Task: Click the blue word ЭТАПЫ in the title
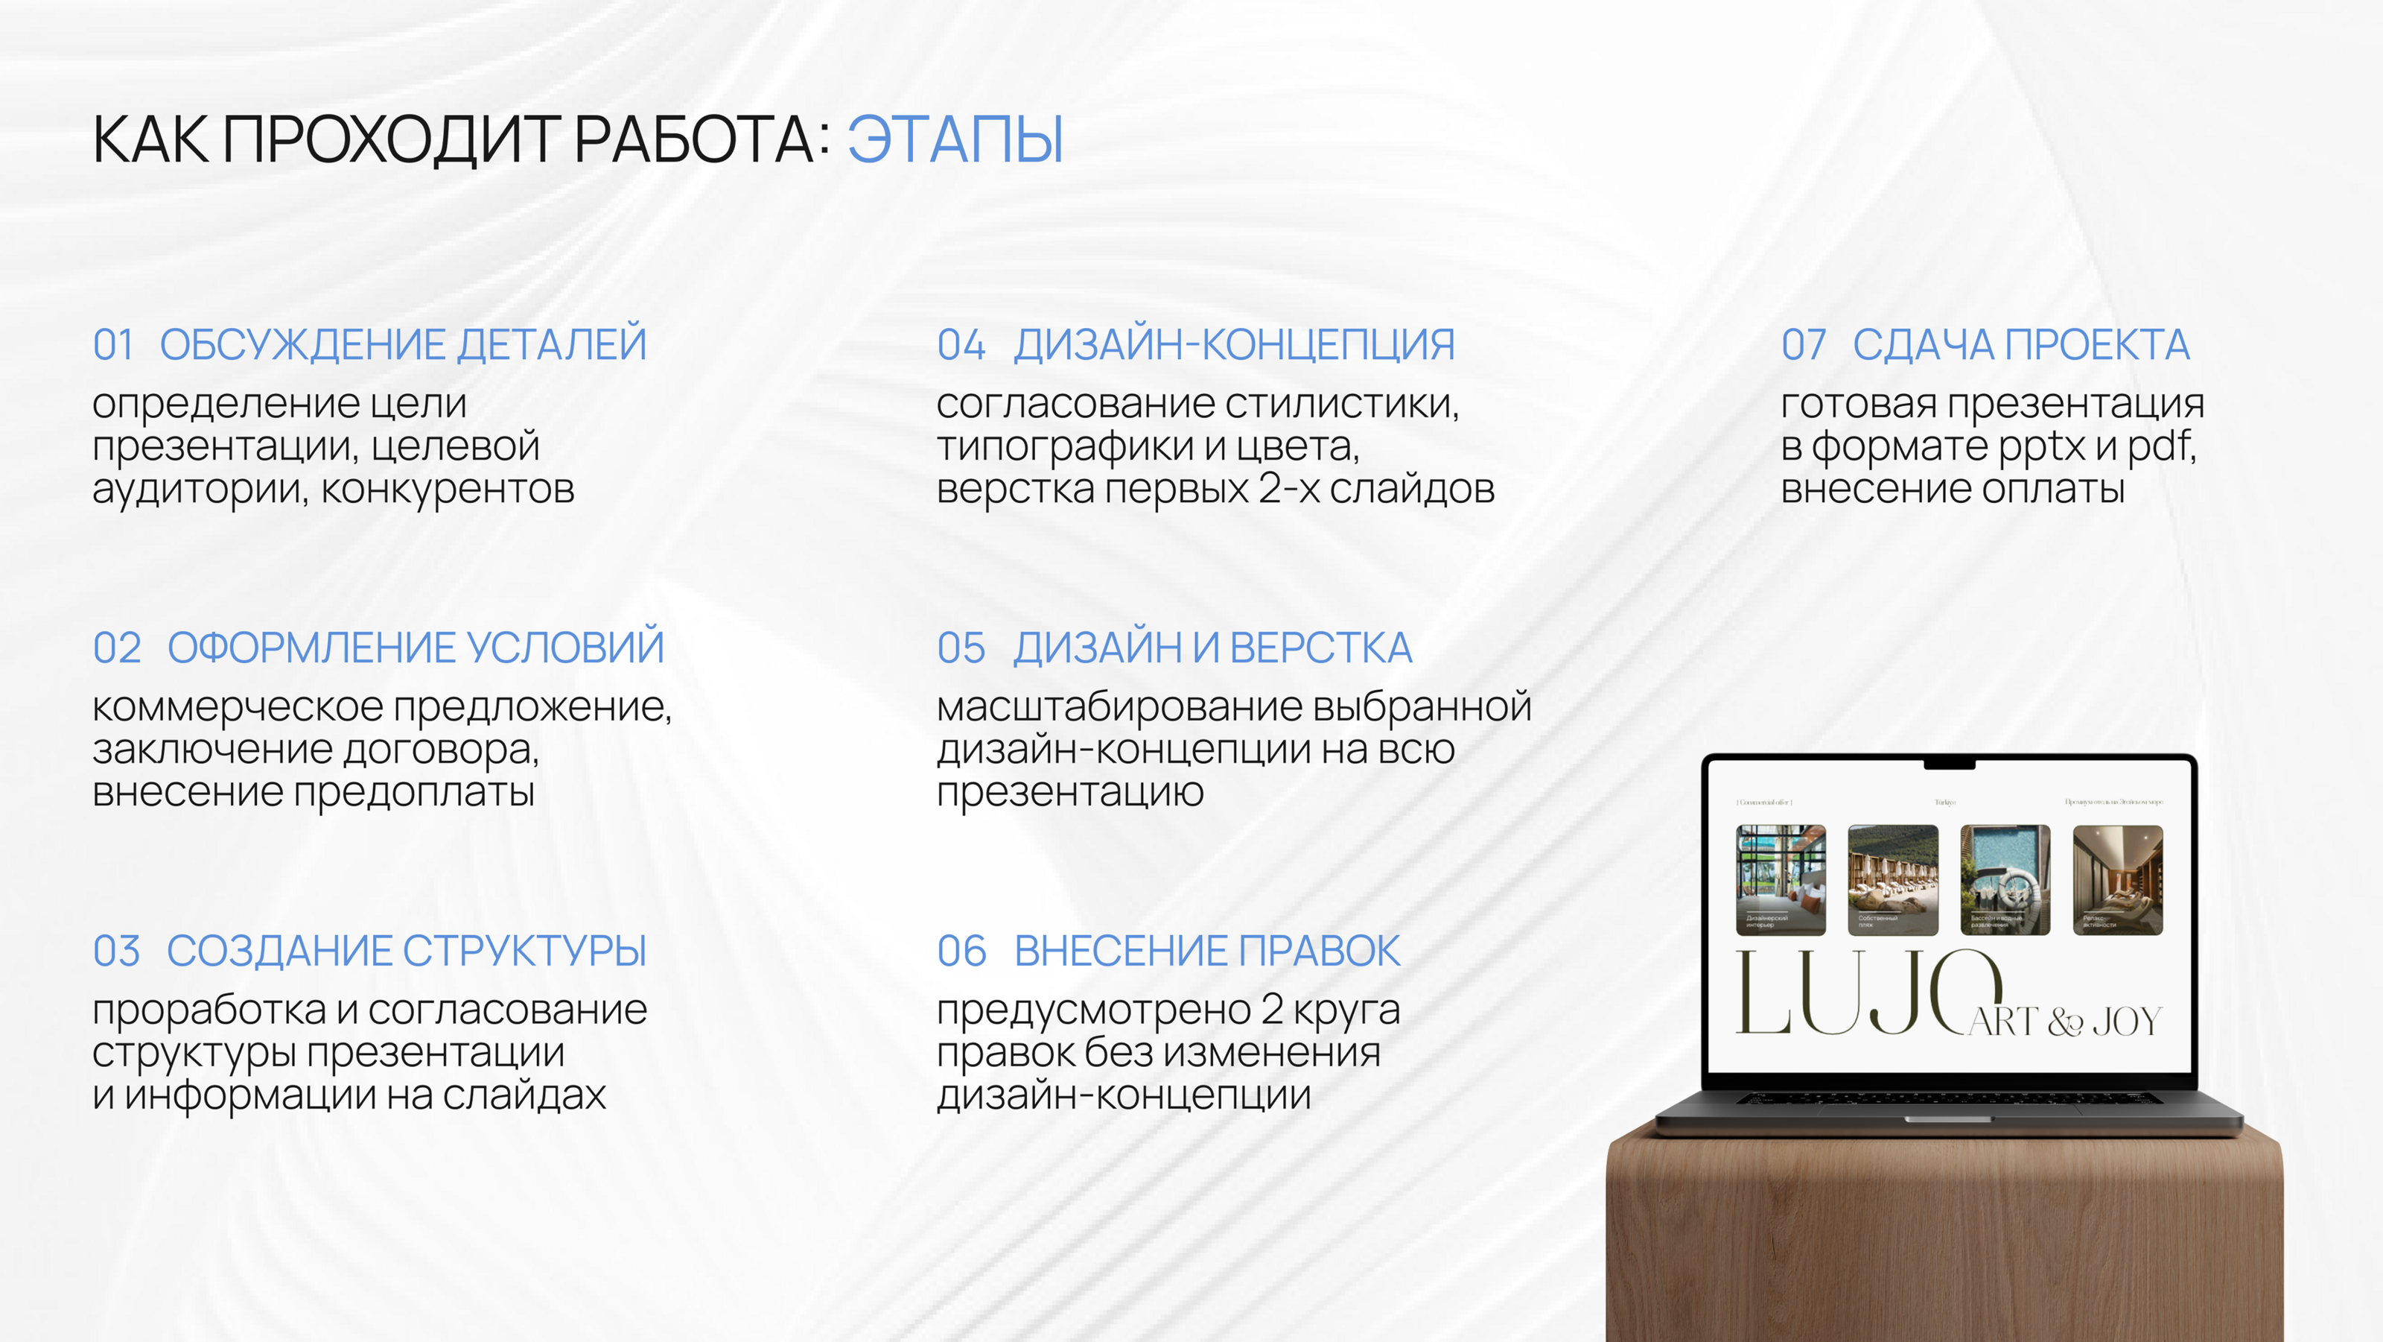pos(955,141)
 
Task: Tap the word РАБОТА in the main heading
pos(694,141)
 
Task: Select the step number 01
pos(113,345)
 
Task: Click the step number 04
pos(960,345)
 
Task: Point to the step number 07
pos(1803,345)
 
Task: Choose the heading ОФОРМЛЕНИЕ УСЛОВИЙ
pos(416,648)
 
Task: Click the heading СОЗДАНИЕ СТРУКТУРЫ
pos(406,952)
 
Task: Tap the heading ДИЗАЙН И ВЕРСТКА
pos(1212,648)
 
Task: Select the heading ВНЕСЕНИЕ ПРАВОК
pos(1207,952)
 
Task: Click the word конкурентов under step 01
pos(448,490)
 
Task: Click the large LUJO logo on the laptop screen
pos(1859,995)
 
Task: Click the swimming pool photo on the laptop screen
pos(2005,879)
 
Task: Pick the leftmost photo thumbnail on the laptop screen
pos(1781,879)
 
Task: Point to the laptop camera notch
pos(1949,765)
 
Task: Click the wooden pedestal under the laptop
pos(1943,1240)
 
